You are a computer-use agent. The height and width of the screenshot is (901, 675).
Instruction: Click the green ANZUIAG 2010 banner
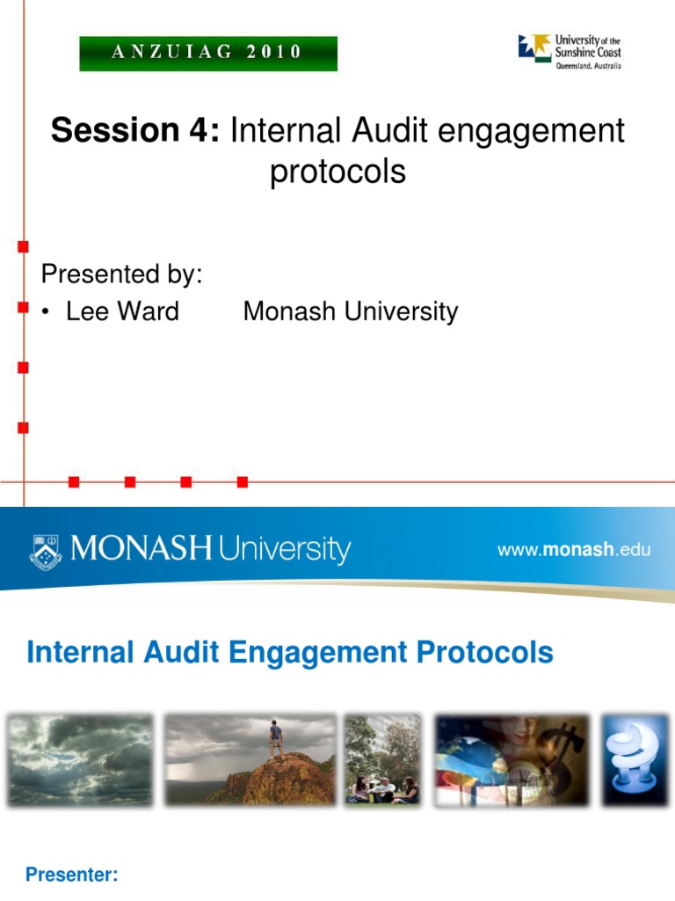click(208, 53)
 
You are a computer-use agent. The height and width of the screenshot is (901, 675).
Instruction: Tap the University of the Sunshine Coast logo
click(570, 53)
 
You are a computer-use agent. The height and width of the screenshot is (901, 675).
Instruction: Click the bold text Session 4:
click(136, 131)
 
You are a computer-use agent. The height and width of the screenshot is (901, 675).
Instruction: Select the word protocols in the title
click(337, 172)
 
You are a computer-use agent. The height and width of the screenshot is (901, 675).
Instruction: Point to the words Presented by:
click(121, 275)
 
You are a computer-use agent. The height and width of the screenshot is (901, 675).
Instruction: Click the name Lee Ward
click(122, 311)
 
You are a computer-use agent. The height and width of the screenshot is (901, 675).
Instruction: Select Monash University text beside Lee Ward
click(351, 311)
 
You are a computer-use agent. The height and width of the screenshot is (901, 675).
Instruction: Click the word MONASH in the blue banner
click(142, 552)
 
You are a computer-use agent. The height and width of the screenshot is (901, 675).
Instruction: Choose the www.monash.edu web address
click(573, 550)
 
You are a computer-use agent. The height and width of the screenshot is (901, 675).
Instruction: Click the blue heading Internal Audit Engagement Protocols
click(290, 653)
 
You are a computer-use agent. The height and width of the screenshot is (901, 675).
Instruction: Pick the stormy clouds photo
click(80, 758)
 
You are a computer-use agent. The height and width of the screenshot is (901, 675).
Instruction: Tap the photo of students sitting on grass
click(382, 758)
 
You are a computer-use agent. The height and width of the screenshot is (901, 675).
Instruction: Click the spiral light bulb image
click(634, 758)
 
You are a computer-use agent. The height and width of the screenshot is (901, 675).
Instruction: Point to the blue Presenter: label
click(72, 875)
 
